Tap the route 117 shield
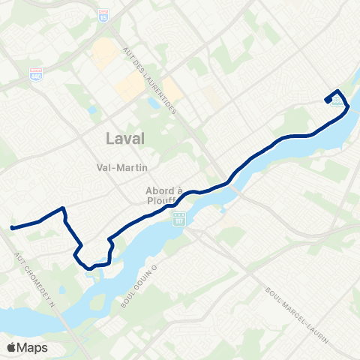pos(178,219)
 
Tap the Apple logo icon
pos(13,347)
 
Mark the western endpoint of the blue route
pos(13,227)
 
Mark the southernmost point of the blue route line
pos(89,268)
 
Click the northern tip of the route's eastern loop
pos(337,91)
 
